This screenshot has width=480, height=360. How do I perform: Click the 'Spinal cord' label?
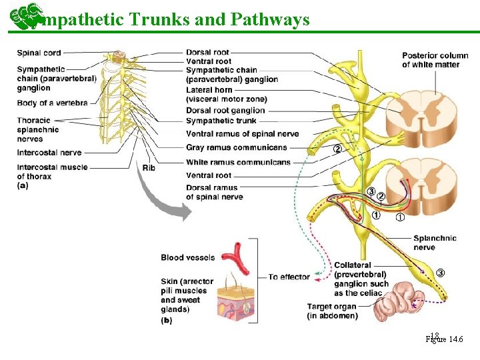[39, 53]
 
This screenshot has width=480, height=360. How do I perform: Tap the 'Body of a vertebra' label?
[52, 103]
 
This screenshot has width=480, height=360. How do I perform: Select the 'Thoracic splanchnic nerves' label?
[38, 129]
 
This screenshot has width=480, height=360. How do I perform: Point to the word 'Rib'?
[148, 167]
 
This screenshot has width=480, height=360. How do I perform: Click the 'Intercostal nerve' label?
[49, 153]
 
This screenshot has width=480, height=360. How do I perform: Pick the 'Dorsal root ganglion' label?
[225, 111]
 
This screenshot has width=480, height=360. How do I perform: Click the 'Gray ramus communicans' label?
[237, 147]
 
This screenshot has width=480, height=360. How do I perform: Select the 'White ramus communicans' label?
[238, 162]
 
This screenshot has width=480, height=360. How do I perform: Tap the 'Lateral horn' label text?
[209, 89]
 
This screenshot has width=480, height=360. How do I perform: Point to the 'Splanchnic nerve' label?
[435, 243]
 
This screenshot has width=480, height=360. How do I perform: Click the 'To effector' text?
[289, 277]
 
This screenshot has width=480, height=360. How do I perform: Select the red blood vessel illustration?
[237, 256]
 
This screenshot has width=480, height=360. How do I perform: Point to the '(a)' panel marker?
[23, 185]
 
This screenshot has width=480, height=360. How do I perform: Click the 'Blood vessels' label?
[187, 257]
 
